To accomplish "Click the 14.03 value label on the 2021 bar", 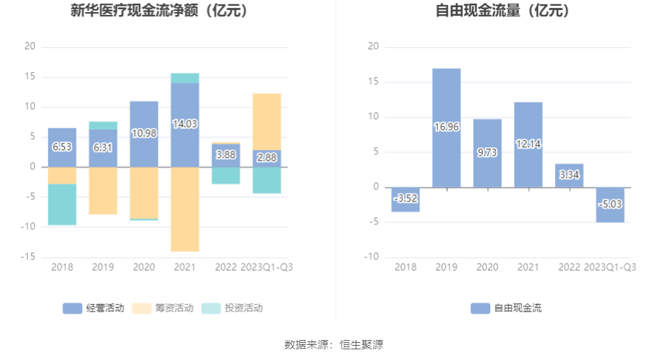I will tap(184, 124).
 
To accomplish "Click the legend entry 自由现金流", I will tap(507, 309).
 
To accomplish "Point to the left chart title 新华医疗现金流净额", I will tap(143, 11).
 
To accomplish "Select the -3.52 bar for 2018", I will tap(405, 200).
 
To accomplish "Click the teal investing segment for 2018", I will tap(62, 204).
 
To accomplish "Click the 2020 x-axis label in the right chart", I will tap(487, 267).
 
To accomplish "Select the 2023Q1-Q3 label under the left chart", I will tap(266, 267).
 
